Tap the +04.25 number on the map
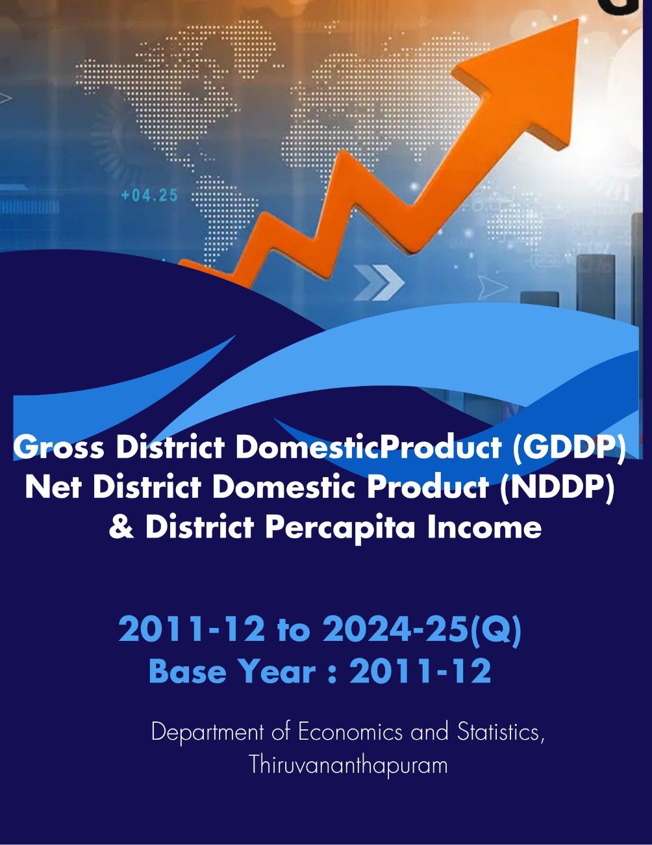tap(149, 194)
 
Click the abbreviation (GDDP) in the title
tap(569, 447)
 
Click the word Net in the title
tap(54, 487)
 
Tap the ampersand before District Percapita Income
tap(121, 526)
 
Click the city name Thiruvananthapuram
tap(348, 764)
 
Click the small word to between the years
tap(293, 630)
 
